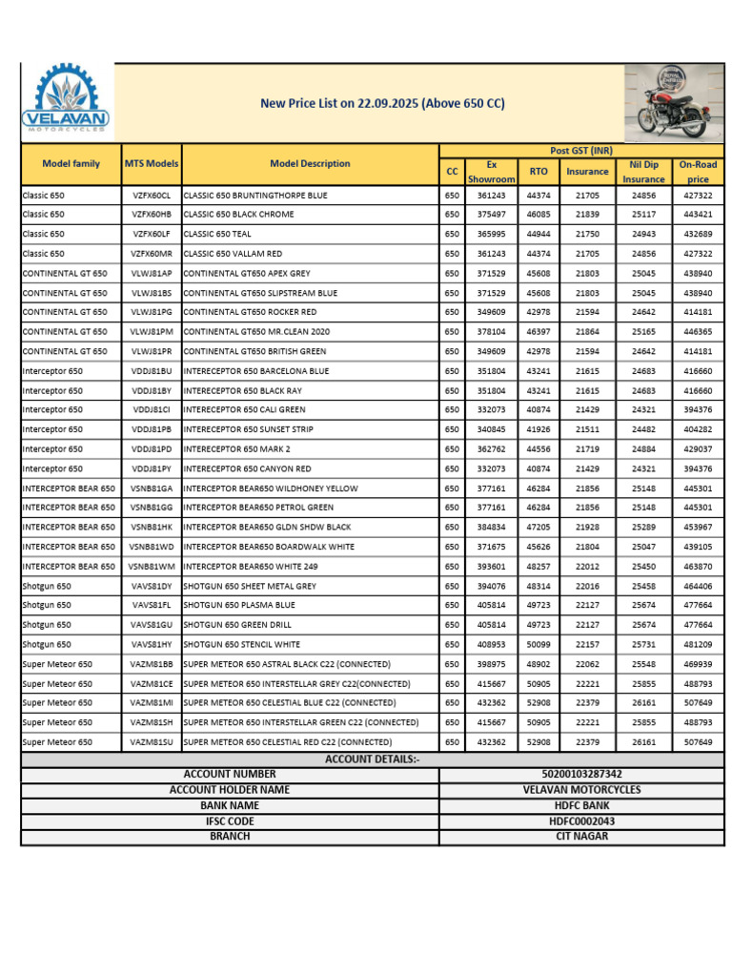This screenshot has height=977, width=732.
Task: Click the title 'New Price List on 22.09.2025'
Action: (x=382, y=103)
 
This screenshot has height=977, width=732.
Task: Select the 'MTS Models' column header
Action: (x=152, y=164)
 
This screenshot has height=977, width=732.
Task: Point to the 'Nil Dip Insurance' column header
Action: (x=643, y=172)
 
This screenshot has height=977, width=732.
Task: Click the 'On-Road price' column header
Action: (x=698, y=172)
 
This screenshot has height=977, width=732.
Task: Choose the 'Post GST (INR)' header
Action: (x=581, y=151)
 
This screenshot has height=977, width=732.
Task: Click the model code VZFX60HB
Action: (x=152, y=215)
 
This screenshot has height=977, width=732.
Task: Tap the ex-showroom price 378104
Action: (x=491, y=332)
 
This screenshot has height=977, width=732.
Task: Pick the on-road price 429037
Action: (x=698, y=449)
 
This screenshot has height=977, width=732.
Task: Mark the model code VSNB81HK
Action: (x=152, y=528)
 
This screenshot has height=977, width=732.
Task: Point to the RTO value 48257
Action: (x=538, y=567)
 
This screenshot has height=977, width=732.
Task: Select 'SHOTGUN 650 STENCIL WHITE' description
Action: (x=241, y=644)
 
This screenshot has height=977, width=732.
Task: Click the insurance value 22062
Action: (x=587, y=664)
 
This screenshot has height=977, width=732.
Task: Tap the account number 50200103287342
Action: (x=581, y=775)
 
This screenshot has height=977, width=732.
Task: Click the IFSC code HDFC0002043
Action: (x=581, y=821)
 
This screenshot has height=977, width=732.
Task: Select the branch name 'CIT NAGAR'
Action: (x=581, y=837)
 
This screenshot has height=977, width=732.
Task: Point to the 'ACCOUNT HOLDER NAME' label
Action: (x=230, y=790)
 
